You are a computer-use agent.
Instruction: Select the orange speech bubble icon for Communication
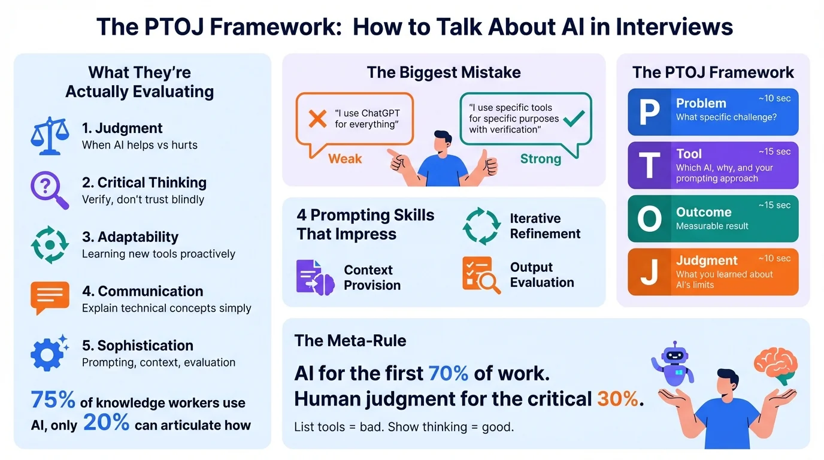click(x=50, y=298)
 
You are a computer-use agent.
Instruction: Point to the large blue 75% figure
click(x=53, y=400)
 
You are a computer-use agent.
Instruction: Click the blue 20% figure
click(x=106, y=423)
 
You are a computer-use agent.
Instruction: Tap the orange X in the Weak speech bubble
click(x=317, y=119)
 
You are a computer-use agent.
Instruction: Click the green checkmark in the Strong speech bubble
click(x=574, y=119)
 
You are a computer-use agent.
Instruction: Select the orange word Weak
click(x=345, y=159)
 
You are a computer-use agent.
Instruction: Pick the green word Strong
click(x=540, y=159)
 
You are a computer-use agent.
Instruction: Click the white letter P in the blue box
click(x=650, y=112)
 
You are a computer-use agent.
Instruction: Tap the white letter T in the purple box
click(x=650, y=165)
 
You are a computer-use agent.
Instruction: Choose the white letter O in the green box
click(x=650, y=219)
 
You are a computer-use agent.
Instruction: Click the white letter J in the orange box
click(x=650, y=272)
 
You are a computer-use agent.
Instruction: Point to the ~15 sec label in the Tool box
click(x=774, y=152)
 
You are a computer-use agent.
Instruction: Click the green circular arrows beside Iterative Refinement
click(x=481, y=226)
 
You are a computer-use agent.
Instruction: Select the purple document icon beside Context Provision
click(x=314, y=276)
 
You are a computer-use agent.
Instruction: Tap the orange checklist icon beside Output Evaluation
click(x=481, y=275)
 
